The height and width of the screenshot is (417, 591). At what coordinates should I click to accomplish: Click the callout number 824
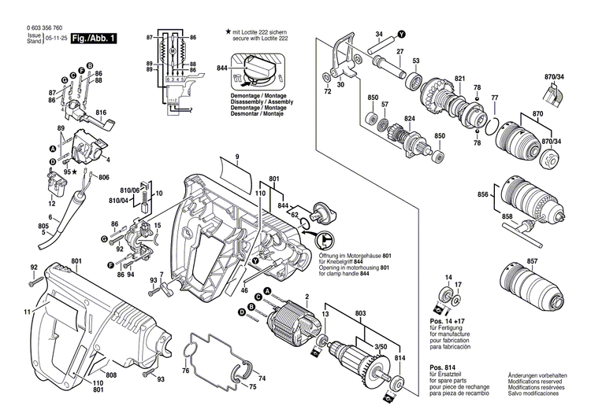click(x=409, y=118)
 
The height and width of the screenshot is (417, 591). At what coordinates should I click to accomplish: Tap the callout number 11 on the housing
click(x=28, y=313)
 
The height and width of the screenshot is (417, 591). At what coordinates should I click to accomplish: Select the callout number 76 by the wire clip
click(x=185, y=371)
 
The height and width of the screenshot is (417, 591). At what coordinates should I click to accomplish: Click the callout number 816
click(x=101, y=113)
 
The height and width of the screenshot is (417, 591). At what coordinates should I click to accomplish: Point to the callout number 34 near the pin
click(x=378, y=35)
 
